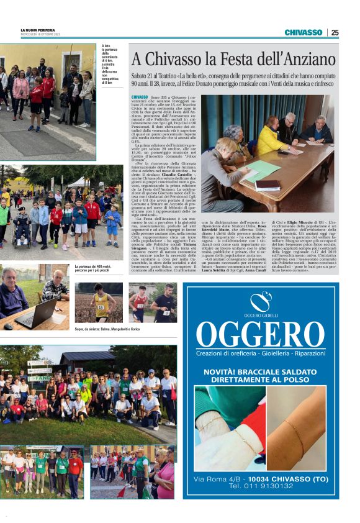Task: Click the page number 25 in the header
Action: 335,32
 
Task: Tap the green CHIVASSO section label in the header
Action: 304,32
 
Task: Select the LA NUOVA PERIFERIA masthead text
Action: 38,30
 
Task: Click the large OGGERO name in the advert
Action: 261,335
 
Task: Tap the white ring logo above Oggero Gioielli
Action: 261,301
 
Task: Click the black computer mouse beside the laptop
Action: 8,326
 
